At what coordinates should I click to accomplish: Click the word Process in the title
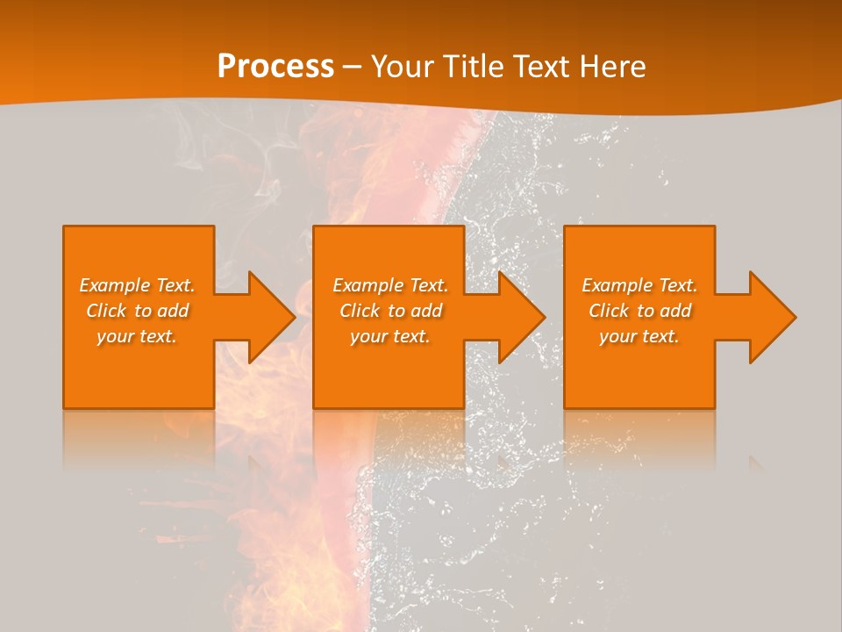(x=275, y=67)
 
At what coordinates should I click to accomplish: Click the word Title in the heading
(x=473, y=67)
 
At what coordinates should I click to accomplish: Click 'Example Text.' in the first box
(x=138, y=285)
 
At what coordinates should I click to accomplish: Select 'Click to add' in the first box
(x=138, y=311)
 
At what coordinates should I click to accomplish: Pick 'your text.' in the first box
(x=138, y=336)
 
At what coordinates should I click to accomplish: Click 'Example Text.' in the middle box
(x=390, y=285)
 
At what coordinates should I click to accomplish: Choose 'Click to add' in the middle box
(x=390, y=311)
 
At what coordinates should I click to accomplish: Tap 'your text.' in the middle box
(x=390, y=336)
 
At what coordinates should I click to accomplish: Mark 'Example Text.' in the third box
(x=639, y=285)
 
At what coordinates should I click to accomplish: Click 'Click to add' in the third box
(x=639, y=311)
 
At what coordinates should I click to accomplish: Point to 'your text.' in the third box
(x=639, y=336)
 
